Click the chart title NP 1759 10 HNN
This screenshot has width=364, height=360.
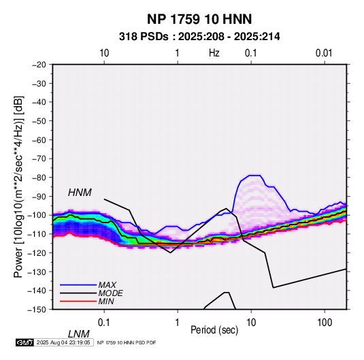click(x=199, y=19)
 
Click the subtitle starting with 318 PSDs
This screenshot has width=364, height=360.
click(x=199, y=37)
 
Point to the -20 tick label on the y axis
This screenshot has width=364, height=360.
click(x=39, y=65)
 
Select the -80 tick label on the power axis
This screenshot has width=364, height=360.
click(x=39, y=178)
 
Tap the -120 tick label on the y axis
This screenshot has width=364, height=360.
click(x=37, y=252)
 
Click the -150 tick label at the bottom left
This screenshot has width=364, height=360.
click(x=37, y=310)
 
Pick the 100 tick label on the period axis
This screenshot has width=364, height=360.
click(x=325, y=323)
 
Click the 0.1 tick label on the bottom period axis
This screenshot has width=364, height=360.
click(x=104, y=323)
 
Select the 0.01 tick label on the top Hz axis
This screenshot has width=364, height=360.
click(x=324, y=53)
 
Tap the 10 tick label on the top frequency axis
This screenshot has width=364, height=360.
click(x=104, y=53)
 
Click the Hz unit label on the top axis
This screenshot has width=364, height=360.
click(x=214, y=53)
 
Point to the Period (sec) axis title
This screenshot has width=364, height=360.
click(x=214, y=330)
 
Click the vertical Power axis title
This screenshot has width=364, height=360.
click(x=18, y=186)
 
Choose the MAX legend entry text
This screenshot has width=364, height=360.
click(x=107, y=285)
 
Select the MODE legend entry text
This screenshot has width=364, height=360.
click(x=110, y=293)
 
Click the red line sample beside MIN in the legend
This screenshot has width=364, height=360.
click(x=78, y=301)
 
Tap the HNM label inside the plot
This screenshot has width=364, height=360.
click(x=80, y=193)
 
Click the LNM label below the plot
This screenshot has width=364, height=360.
click(x=79, y=334)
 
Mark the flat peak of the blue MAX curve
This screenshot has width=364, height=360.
click(x=255, y=176)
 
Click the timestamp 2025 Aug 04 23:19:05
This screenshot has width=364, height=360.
click(x=63, y=342)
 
